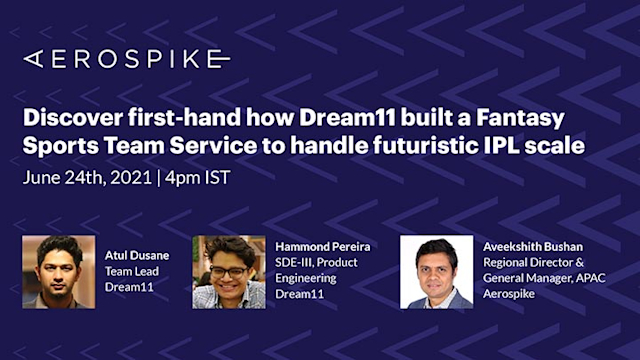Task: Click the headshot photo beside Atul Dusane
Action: click(59, 271)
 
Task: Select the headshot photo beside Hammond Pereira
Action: click(228, 271)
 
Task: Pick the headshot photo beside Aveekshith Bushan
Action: click(436, 271)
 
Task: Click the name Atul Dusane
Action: click(138, 255)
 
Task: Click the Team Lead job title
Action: click(131, 270)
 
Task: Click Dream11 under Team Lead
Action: click(127, 286)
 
